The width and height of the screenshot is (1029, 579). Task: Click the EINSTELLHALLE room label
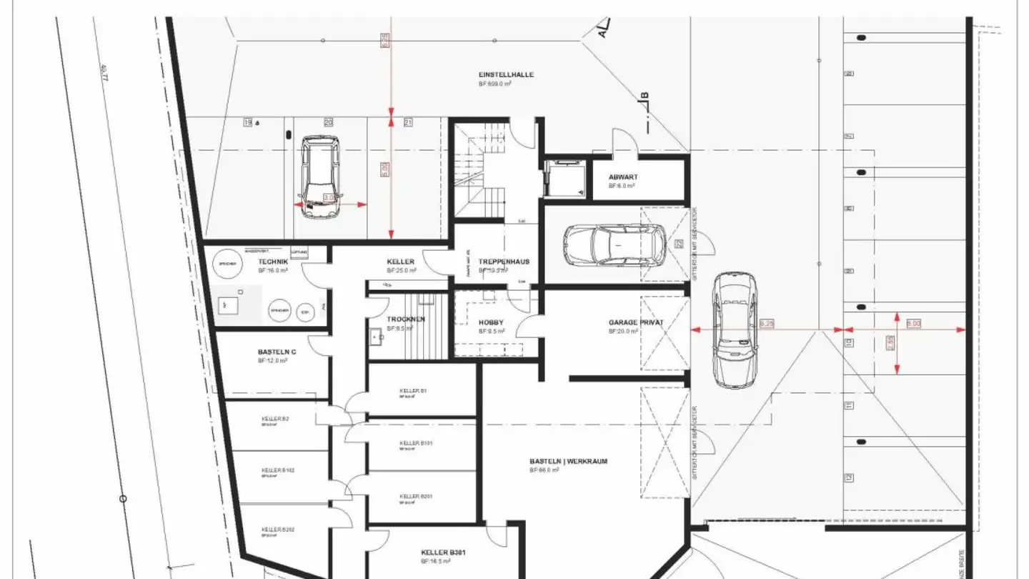tap(506, 74)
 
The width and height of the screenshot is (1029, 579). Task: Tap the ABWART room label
tap(623, 177)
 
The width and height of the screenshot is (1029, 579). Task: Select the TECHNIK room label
tap(273, 262)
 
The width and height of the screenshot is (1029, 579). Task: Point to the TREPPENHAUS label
tap(504, 262)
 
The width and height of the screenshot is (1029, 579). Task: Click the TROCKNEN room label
tap(406, 319)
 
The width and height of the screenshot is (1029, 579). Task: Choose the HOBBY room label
tap(491, 322)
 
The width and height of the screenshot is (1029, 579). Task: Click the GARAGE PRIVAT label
tap(636, 322)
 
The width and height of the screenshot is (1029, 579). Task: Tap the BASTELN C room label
tap(277, 352)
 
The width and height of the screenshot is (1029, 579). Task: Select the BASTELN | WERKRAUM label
tap(568, 461)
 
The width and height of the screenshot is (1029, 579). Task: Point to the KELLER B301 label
tap(443, 552)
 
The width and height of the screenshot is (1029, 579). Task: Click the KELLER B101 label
tap(416, 443)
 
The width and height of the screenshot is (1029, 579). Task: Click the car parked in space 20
tap(319, 177)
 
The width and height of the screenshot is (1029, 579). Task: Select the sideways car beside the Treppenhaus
tap(613, 244)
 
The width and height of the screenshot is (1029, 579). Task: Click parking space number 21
tap(408, 122)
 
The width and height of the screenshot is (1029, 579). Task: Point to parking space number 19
tap(248, 122)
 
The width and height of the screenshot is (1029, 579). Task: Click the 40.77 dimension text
tap(104, 73)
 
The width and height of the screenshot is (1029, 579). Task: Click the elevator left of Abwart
tap(563, 177)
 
